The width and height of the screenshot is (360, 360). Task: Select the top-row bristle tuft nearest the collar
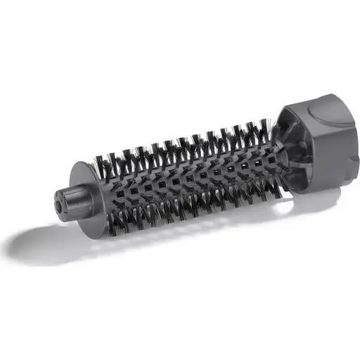pyautogui.click(x=260, y=127)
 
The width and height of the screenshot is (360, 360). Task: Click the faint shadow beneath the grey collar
pyautogui.click(x=309, y=207)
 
